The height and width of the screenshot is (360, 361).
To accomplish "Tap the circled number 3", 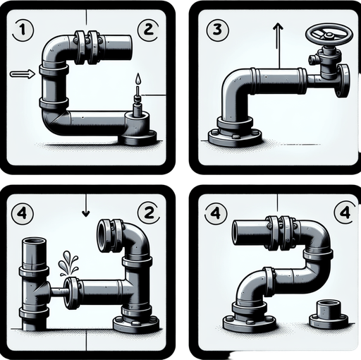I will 216,30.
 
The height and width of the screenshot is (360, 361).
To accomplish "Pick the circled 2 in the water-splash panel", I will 147,212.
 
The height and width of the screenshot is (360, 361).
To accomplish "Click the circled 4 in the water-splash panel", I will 23,212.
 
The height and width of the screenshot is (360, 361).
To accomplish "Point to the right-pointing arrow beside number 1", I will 22,73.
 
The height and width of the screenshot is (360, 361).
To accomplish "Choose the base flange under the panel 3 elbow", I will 234,134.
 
